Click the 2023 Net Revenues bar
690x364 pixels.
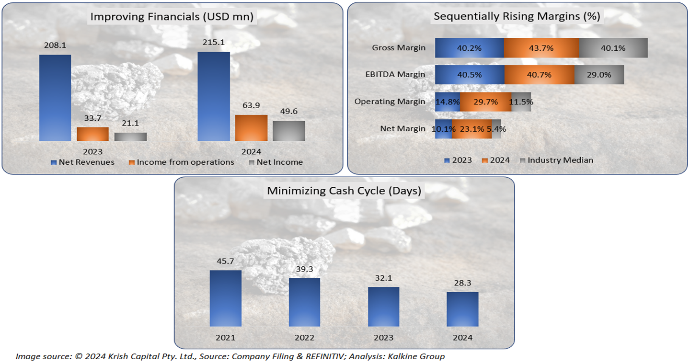55,98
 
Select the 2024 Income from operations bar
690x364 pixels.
251,128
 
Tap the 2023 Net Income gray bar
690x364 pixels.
130,136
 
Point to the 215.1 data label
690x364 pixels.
214,43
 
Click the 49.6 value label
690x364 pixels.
289,112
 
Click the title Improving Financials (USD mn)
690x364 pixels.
172,17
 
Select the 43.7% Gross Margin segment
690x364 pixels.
541,48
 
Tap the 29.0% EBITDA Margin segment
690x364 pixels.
599,75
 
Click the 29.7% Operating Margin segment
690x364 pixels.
485,102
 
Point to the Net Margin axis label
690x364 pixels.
402,128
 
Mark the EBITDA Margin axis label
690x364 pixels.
398,74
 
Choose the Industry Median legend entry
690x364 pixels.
560,160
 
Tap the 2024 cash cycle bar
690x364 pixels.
462,309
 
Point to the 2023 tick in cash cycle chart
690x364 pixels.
383,338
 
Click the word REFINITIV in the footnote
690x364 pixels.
333,356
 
